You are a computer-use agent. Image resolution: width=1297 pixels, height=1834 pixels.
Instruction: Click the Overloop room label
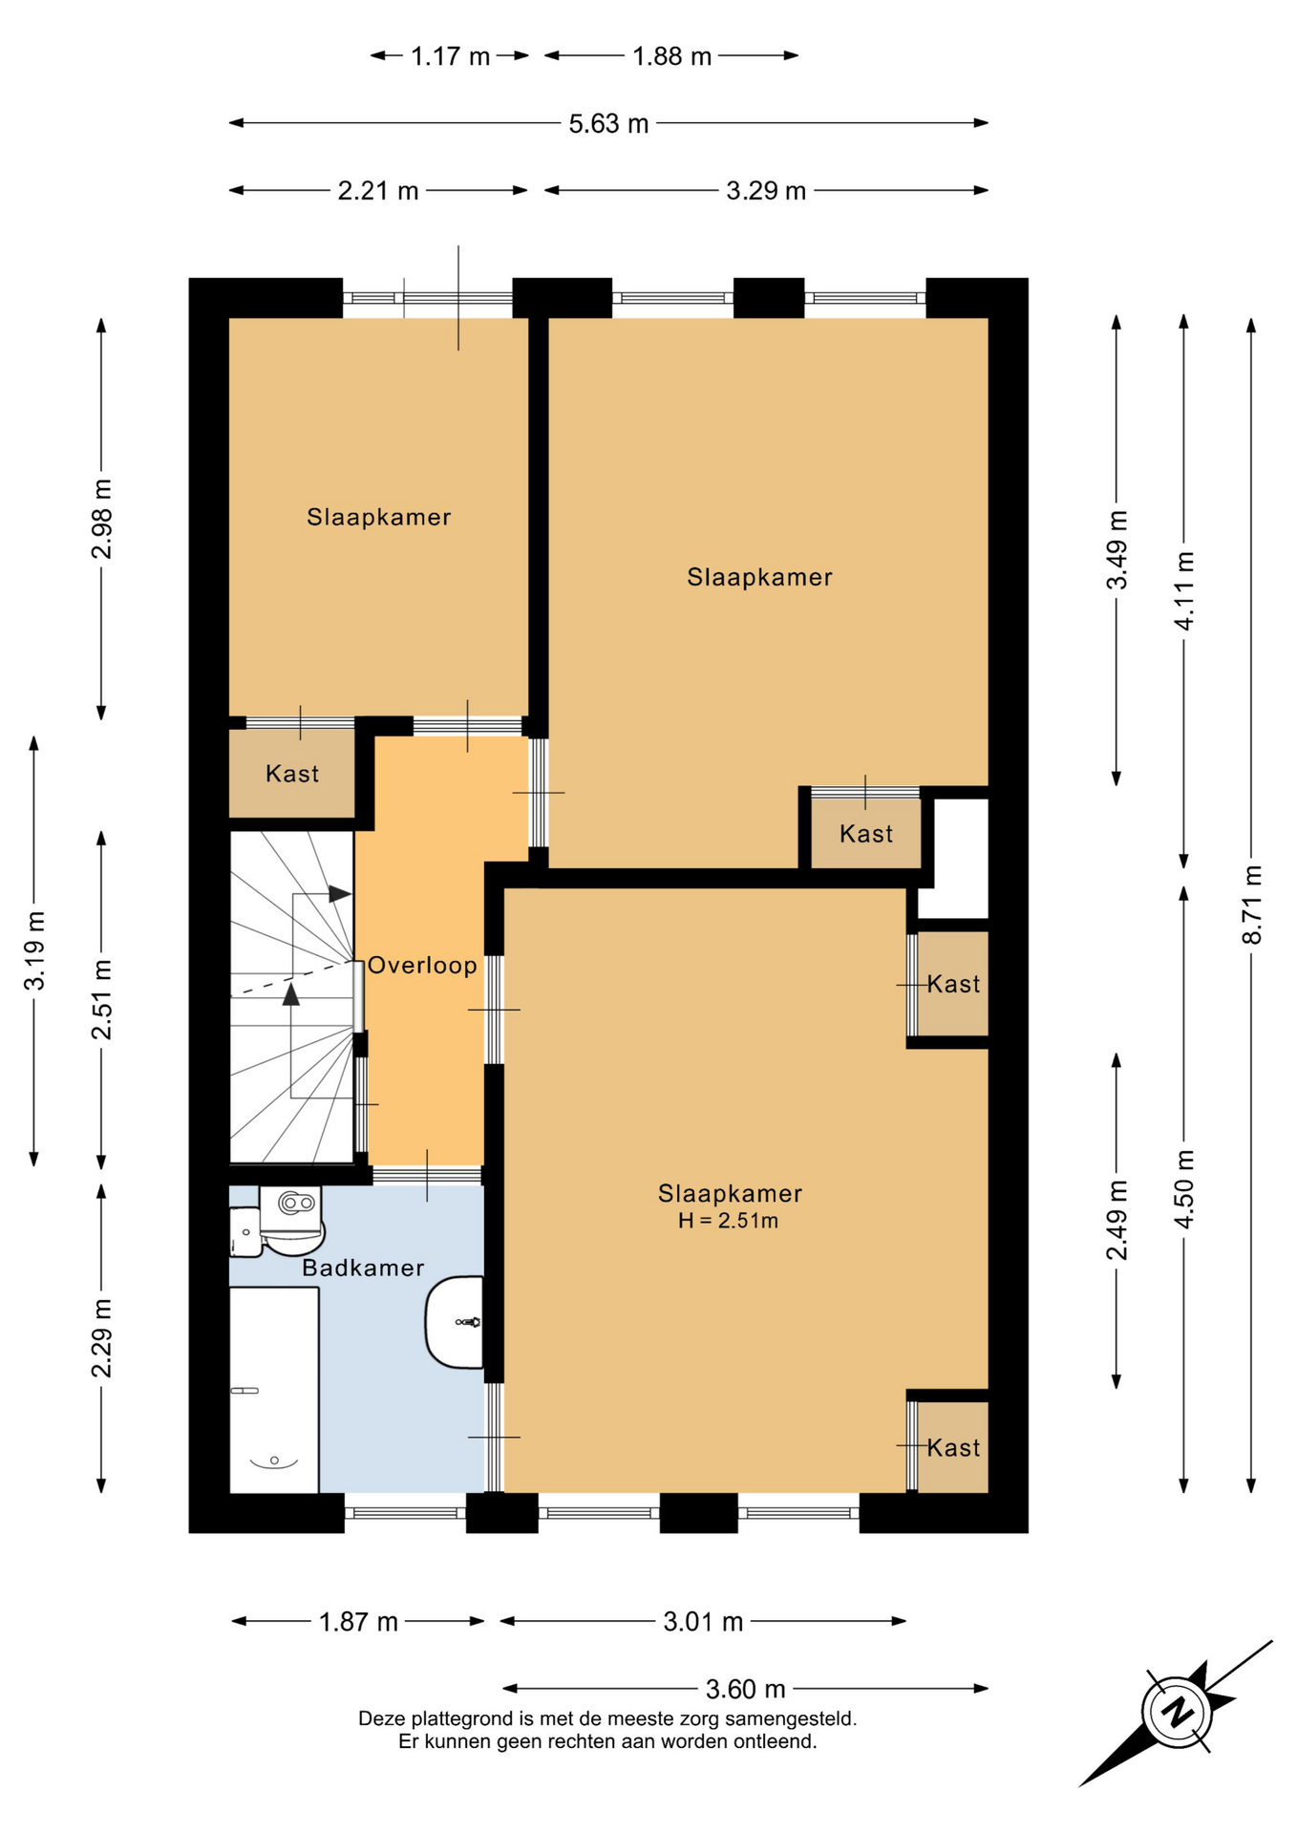(x=421, y=965)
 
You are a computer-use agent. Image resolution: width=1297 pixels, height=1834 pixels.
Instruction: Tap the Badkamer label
(x=363, y=1268)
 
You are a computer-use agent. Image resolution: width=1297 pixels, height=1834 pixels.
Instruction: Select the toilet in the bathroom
(x=291, y=1220)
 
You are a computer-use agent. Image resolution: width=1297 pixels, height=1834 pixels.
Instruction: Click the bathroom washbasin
(x=455, y=1322)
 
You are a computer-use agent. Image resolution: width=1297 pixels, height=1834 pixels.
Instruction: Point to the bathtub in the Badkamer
(x=274, y=1390)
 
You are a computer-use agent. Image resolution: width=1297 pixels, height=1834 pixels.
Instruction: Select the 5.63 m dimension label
(x=608, y=123)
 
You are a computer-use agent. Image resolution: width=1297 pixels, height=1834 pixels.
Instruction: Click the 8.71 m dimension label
(x=1251, y=904)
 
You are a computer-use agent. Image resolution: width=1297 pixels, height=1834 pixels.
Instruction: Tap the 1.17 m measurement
(x=450, y=56)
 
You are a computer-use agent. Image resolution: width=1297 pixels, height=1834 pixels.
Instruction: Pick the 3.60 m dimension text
(x=745, y=1690)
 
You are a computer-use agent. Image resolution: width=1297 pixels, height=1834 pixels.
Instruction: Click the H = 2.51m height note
(x=728, y=1221)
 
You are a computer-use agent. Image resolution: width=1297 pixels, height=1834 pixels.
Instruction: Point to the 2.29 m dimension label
(x=101, y=1338)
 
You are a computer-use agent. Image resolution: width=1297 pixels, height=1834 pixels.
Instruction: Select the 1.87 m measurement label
(x=358, y=1622)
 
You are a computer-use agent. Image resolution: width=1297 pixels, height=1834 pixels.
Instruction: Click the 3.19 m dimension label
(x=34, y=950)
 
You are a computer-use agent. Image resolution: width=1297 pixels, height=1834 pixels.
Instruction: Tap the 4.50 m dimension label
(x=1184, y=1189)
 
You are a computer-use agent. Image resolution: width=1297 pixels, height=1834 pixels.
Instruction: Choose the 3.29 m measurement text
(x=766, y=191)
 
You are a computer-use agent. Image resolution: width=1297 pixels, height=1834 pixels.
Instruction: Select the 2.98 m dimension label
(x=101, y=519)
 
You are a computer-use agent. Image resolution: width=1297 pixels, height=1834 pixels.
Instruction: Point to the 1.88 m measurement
(x=671, y=56)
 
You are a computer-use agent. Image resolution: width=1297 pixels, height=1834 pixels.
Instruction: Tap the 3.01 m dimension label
(x=703, y=1622)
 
